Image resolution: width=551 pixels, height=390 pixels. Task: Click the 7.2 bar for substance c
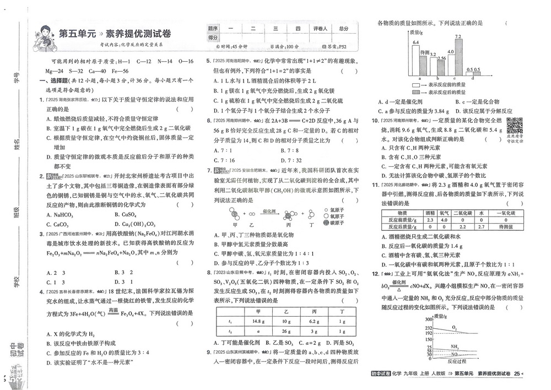tap(458, 58)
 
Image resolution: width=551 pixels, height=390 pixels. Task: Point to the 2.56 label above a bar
tap(441, 58)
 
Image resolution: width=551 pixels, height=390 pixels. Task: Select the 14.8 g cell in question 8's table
tap(257, 321)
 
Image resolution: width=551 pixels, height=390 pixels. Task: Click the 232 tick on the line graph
tap(428, 327)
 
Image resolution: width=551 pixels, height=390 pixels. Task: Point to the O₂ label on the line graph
tap(455, 328)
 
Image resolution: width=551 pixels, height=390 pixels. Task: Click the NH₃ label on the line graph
tap(455, 346)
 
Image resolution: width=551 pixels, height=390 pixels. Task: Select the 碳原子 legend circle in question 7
tap(326, 223)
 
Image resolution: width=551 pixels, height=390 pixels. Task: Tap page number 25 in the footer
tap(516, 375)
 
